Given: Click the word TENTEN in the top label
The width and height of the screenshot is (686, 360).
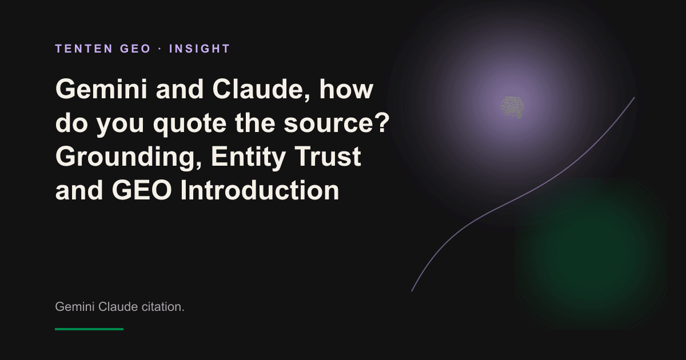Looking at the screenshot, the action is click(84, 49).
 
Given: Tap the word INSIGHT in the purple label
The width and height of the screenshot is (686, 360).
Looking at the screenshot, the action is click(200, 49).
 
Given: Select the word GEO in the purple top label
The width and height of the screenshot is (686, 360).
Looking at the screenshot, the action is click(135, 49).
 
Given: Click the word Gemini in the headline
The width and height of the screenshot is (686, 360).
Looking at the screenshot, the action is click(101, 89).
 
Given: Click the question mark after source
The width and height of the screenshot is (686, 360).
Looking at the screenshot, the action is click(383, 122).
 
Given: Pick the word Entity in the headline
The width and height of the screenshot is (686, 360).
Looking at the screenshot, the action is click(248, 157).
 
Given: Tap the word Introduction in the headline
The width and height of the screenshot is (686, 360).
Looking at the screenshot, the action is click(260, 190).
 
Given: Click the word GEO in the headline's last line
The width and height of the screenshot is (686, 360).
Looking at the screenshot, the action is click(142, 190).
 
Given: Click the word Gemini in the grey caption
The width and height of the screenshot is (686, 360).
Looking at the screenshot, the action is click(75, 306).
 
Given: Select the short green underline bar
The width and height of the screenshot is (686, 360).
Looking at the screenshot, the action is click(89, 329).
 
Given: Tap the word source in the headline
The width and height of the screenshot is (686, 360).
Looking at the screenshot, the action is click(329, 123).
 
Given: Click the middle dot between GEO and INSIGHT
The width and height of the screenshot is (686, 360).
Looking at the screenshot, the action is click(160, 49).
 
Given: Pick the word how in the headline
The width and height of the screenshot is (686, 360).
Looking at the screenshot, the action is click(346, 89).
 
